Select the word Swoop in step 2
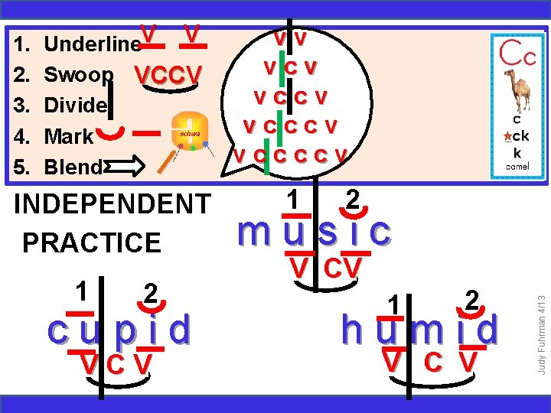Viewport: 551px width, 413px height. pos(79,75)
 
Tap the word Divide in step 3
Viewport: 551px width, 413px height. pos(76,106)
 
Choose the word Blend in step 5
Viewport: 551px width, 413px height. pos(73,167)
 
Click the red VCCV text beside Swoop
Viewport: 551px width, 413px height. pos(168,75)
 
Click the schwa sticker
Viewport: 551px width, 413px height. pos(189,132)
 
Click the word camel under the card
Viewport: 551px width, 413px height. pos(517,166)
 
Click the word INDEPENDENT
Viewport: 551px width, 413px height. pos(112,204)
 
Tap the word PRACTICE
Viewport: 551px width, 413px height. pos(92,242)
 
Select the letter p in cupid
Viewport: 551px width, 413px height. pos(124,330)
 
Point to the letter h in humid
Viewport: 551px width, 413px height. pos(354,330)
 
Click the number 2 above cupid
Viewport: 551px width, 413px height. pos(152,294)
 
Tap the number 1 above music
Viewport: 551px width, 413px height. pos(292,200)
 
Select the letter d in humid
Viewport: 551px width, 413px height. pos(487,330)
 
